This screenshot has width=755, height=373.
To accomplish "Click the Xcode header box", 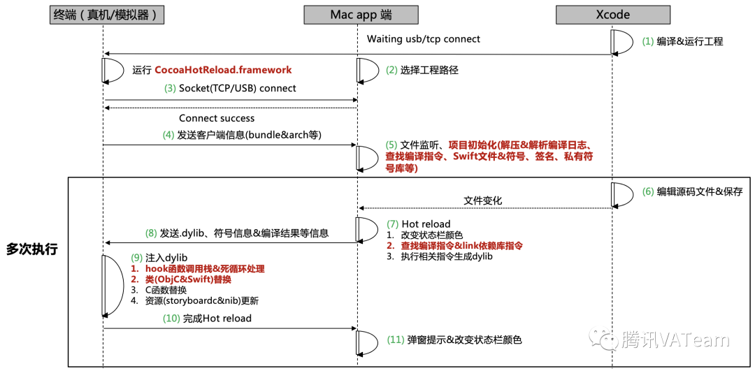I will coord(612,14).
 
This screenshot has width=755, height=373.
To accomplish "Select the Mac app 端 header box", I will coord(361,14).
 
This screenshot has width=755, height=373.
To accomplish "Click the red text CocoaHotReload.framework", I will coord(223,70).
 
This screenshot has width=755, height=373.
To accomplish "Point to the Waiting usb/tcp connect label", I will coord(424,39).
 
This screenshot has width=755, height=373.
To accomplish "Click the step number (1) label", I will coord(648,41).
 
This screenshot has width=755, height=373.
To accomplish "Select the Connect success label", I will coord(217,118).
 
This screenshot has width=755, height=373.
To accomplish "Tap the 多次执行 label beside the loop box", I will coord(31,249).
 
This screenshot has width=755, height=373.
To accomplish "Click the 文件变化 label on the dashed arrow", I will coord(483,200).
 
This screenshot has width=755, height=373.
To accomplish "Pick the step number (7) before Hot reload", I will coord(393,224).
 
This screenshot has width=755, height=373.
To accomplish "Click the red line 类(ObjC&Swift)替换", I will coord(188,279).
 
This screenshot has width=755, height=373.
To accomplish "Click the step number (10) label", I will coord(171,319).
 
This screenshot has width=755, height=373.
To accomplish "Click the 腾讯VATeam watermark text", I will coord(675,340).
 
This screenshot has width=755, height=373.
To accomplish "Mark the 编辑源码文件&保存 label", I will coord(699,191).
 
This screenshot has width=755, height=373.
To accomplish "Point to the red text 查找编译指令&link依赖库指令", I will coord(461,246).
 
